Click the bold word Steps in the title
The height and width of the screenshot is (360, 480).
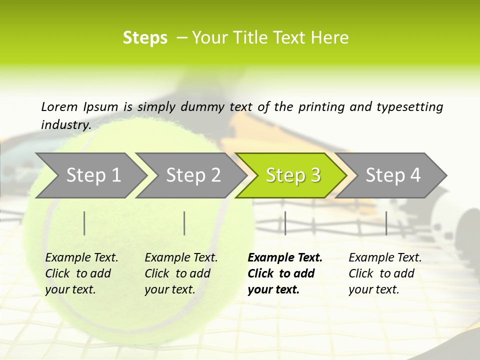point(145,38)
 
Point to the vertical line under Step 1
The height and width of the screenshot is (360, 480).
point(84,223)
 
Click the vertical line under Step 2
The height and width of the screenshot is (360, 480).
point(184,223)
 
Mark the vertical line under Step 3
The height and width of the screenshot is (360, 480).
point(285,223)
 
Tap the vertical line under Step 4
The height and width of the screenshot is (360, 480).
point(386,223)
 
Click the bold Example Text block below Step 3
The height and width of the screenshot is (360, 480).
point(284,273)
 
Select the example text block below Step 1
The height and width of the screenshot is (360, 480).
point(81,273)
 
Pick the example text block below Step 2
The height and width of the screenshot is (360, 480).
point(181,273)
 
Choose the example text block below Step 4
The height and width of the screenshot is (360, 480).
point(385,273)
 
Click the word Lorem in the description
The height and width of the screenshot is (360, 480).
point(59,107)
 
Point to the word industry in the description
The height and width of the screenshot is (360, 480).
point(65,124)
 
